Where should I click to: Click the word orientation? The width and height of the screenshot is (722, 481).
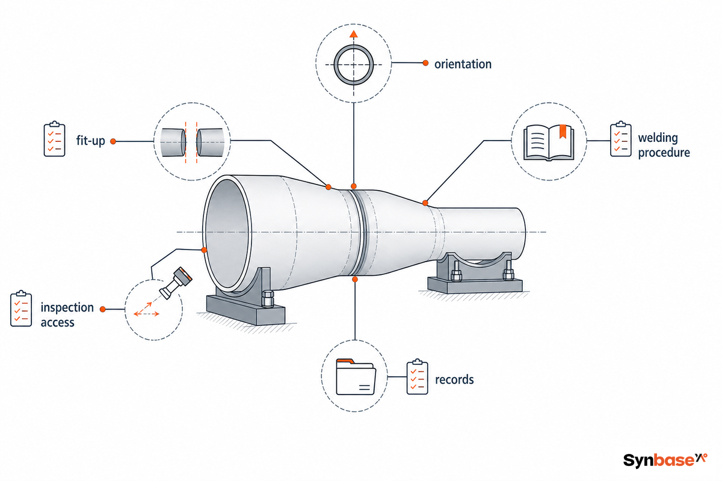coord(463,64)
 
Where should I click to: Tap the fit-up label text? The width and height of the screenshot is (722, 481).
coord(91,141)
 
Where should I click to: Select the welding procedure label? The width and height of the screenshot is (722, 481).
coord(664,145)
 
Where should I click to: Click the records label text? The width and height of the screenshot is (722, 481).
coord(454,379)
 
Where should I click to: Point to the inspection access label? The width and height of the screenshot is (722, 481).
coord(67,315)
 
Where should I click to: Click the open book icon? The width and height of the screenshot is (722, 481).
coord(549,142)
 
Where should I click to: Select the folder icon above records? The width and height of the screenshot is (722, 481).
coord(356,376)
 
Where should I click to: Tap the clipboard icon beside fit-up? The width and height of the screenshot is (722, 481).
coord(55,139)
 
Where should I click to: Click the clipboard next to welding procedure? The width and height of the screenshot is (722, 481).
coord(621,139)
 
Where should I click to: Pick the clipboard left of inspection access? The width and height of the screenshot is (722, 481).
coord(21,308)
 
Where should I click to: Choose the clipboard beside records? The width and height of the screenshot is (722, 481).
coord(418,376)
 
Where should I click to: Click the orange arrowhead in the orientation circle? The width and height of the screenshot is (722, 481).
coord(354,34)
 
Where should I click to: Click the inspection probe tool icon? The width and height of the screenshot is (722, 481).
coord(176,283)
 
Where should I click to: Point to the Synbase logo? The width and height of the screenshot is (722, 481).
coord(665,460)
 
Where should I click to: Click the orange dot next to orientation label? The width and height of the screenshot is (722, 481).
coord(425,63)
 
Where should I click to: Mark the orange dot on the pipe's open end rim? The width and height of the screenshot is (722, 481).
coord(204,250)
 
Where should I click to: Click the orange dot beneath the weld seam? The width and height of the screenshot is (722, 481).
coord(355,280)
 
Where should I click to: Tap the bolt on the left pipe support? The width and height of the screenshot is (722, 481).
coord(268,299)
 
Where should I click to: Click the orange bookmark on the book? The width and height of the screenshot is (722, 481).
coord(563,131)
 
